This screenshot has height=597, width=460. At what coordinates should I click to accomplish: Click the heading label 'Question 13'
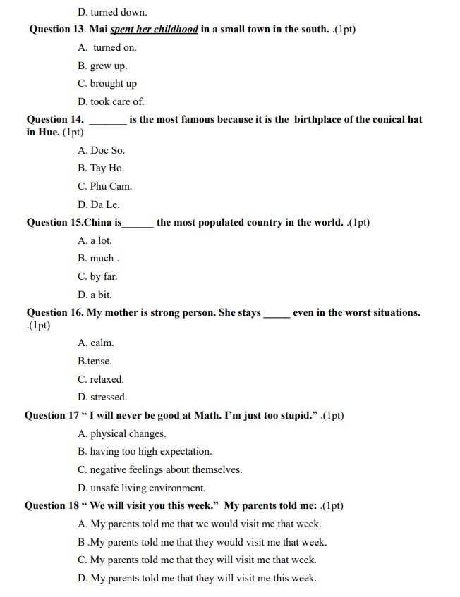click(x=57, y=30)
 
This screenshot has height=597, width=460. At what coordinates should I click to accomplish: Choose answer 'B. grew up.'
click(x=102, y=66)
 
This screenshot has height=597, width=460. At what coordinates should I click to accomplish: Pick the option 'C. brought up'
click(x=107, y=83)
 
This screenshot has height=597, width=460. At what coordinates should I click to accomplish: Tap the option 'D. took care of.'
click(x=111, y=101)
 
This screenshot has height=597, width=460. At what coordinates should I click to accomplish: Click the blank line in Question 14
click(x=108, y=120)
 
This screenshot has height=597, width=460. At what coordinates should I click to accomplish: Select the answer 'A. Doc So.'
click(x=101, y=150)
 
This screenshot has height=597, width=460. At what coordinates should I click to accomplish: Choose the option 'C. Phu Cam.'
click(x=104, y=186)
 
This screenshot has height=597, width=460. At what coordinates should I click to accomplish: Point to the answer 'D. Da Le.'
click(x=98, y=204)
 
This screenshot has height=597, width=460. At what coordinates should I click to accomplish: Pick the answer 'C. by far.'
click(x=97, y=276)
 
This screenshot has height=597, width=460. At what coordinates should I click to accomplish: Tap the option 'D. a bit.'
click(x=95, y=295)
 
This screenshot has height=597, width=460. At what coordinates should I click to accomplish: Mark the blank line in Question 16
click(x=276, y=313)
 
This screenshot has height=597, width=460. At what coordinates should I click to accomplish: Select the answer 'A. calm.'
click(x=95, y=343)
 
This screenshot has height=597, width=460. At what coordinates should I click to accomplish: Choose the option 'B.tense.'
click(x=95, y=361)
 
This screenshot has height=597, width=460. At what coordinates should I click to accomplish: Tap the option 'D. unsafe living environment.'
click(x=142, y=488)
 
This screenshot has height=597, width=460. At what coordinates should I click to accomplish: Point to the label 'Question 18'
click(x=52, y=505)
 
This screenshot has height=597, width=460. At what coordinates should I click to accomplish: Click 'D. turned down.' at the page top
click(x=112, y=12)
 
